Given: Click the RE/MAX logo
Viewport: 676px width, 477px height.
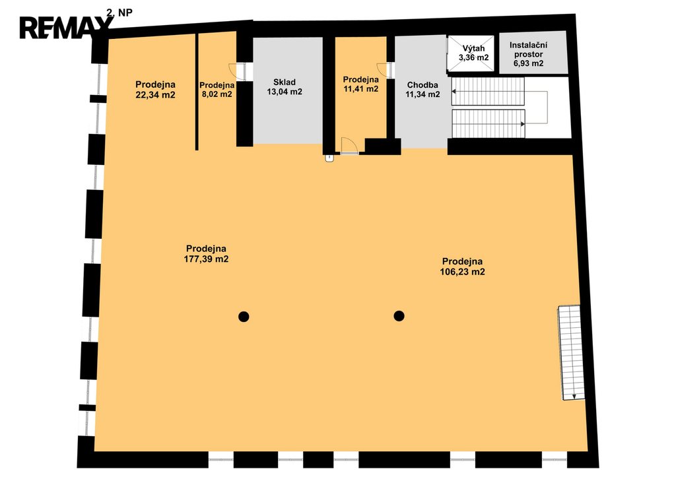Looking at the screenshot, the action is (65, 28).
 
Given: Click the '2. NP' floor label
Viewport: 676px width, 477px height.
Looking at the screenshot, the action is (119, 13).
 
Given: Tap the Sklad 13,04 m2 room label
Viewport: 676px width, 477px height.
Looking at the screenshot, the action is (285, 87).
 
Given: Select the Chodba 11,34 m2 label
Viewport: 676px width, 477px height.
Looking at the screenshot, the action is (422, 90).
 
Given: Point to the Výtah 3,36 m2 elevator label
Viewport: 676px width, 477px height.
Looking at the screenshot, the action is (473, 53).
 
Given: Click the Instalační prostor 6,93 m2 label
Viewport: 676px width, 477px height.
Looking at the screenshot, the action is (529, 54).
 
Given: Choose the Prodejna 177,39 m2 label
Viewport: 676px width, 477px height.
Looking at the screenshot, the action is (206, 254).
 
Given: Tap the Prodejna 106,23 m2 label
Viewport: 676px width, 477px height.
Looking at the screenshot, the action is (462, 267).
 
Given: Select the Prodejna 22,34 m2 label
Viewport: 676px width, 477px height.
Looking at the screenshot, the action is (155, 90).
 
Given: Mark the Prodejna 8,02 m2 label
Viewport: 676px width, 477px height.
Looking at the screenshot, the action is (217, 90).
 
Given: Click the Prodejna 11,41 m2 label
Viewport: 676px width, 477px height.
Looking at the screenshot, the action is (361, 84).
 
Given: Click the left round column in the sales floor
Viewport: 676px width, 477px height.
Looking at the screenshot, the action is (244, 317).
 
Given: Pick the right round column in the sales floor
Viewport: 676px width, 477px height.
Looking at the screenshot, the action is (399, 316).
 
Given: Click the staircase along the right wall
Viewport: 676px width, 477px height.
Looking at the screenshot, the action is (572, 353).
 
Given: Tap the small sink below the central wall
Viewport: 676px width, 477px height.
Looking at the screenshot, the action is (329, 158).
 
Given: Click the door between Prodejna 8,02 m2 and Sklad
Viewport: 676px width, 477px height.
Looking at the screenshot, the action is (237, 72).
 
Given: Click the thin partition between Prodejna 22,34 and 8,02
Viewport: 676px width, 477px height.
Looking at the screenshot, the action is (197, 91).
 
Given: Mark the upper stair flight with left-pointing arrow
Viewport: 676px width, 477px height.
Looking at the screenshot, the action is (488, 91).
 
